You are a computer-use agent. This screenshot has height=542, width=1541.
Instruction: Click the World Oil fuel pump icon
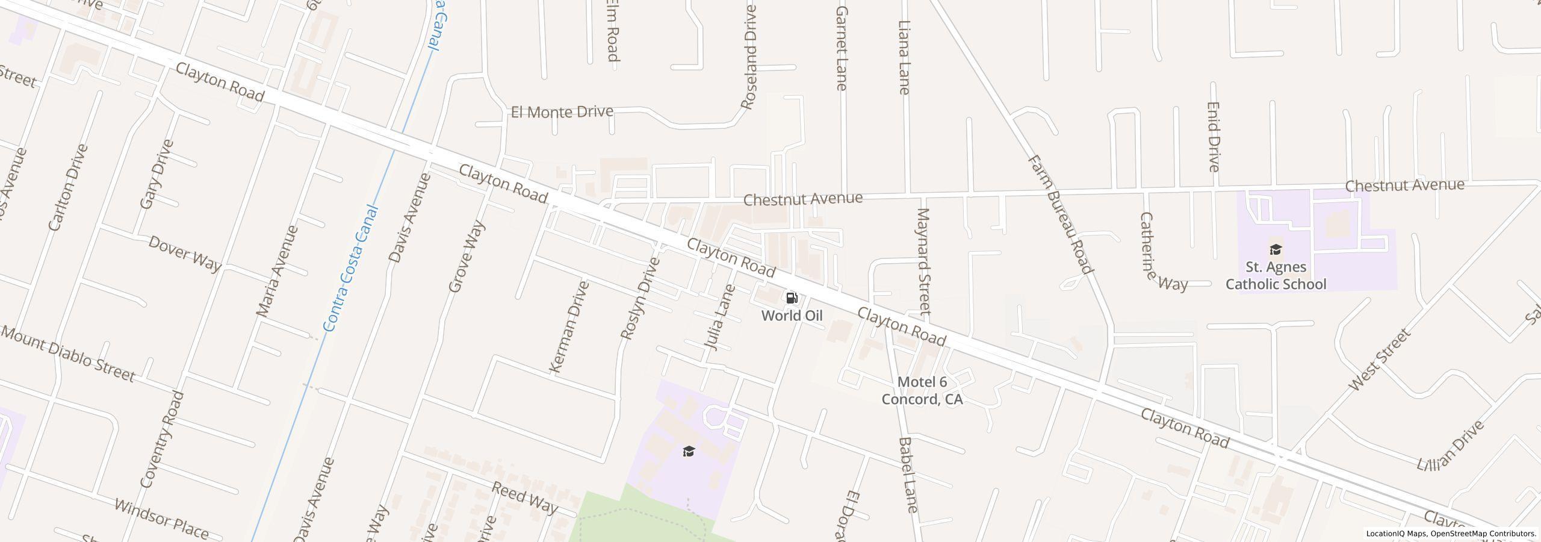(x=792, y=298)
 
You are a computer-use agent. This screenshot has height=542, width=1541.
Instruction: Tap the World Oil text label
(x=792, y=316)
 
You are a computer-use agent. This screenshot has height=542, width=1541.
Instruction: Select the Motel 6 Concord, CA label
(x=922, y=391)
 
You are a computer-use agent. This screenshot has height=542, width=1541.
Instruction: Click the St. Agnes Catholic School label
(x=1276, y=276)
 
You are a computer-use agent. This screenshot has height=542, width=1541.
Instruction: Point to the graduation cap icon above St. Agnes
(x=1275, y=249)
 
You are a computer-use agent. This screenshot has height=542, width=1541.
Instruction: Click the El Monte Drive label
(x=562, y=112)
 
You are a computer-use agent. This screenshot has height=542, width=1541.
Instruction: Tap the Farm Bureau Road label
(x=1059, y=214)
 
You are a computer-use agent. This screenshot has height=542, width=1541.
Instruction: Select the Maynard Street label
(x=923, y=261)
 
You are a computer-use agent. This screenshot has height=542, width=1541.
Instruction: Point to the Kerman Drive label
(x=568, y=326)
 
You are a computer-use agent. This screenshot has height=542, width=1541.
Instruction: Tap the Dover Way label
(x=185, y=254)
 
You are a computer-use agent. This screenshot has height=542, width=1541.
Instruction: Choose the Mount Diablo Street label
(x=68, y=354)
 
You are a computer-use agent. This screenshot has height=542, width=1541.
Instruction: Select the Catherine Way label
(x=1162, y=252)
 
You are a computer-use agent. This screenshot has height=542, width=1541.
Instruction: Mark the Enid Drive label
(x=1213, y=137)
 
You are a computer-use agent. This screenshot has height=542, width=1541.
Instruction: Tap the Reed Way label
(x=524, y=497)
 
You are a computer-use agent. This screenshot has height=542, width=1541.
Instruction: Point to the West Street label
(x=1379, y=360)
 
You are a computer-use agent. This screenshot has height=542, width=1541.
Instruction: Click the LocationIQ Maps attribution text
(x=1451, y=534)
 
